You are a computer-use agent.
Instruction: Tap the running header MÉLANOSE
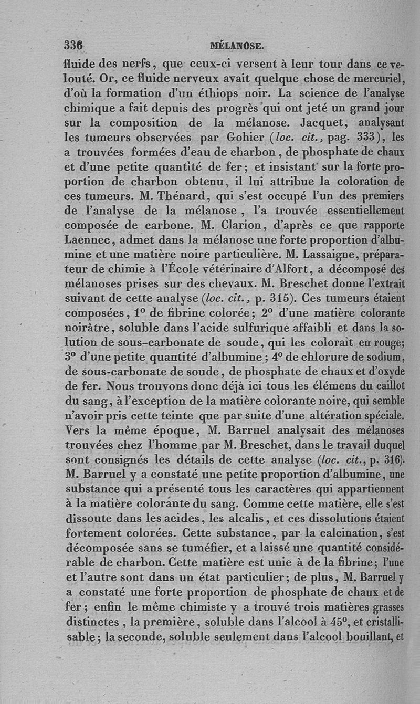pyautogui.click(x=236, y=46)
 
